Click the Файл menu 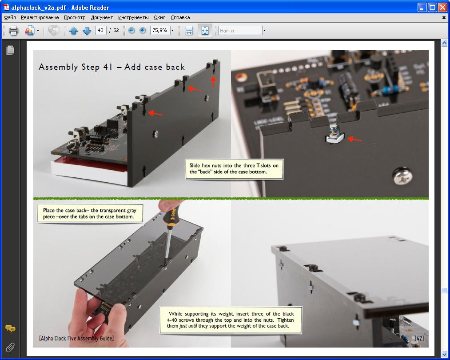click(10, 17)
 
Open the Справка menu click(180, 17)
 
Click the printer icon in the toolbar click(13, 30)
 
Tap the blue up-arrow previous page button click(74, 30)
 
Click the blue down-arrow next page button click(87, 30)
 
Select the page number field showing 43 click(100, 30)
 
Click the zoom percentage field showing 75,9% click(159, 30)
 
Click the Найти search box click(240, 30)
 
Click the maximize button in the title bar click(432, 7)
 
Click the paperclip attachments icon click(10, 348)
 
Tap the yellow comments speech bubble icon click(10, 328)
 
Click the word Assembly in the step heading click(58, 67)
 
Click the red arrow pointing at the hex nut click(355, 140)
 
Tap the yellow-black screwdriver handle click(171, 215)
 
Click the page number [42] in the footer click(419, 338)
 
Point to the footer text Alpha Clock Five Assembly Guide click(76, 338)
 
